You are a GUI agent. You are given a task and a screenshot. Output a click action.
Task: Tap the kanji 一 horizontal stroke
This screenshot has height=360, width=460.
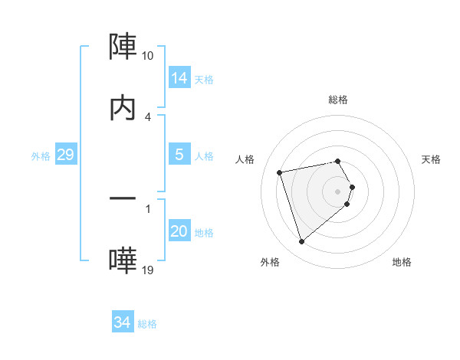pyautogui.click(x=123, y=198)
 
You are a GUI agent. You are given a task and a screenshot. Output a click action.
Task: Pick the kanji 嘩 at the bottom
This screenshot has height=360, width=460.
pyautogui.click(x=123, y=260)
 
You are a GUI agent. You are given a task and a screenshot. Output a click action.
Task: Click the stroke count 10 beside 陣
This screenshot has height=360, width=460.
pyautogui.click(x=147, y=56)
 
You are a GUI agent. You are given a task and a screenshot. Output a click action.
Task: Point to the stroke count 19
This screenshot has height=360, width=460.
pyautogui.click(x=147, y=270)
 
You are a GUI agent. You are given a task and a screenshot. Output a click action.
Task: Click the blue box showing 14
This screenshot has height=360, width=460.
pyautogui.click(x=179, y=78)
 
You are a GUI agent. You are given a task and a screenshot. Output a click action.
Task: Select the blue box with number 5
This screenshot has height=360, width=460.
pyautogui.click(x=179, y=155)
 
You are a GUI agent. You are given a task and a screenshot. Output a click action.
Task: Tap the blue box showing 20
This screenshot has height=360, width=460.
pyautogui.click(x=179, y=231)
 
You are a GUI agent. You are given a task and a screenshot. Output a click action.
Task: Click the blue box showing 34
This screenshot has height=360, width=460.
pyautogui.click(x=122, y=323)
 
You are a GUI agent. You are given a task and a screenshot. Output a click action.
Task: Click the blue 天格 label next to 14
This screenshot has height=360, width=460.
pyautogui.click(x=204, y=80)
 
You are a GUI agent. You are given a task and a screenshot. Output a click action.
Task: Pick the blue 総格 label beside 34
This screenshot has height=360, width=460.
pyautogui.click(x=147, y=325)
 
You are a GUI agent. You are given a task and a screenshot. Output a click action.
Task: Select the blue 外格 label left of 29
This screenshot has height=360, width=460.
pyautogui.click(x=41, y=156)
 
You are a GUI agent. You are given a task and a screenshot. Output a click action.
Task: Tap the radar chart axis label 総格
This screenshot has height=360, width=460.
pyautogui.click(x=337, y=100)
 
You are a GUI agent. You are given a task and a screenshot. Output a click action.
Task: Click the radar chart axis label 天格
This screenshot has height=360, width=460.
pyautogui.click(x=432, y=159)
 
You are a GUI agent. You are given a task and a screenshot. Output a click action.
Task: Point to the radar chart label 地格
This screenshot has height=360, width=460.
pyautogui.click(x=402, y=262)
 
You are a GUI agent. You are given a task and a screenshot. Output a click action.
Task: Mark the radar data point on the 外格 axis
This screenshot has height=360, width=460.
pyautogui.click(x=301, y=242)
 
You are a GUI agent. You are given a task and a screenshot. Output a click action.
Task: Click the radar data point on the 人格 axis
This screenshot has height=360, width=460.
pyautogui.click(x=280, y=172)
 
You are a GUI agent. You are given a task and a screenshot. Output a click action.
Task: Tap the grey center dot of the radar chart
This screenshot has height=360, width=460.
pyautogui.click(x=337, y=191)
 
